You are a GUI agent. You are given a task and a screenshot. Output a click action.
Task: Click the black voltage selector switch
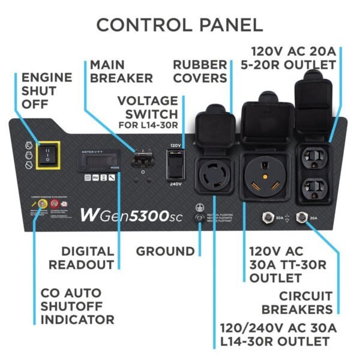pos(176,163)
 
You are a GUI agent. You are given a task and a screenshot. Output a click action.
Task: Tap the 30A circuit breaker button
pos(264,218)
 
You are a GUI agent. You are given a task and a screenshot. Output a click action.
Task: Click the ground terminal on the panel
pos(199,217)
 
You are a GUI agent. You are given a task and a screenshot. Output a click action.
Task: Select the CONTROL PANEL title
pos(179,25)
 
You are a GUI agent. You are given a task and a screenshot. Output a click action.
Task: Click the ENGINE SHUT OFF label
pos(47,91)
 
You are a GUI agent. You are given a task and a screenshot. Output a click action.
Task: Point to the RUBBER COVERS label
pos(200,71)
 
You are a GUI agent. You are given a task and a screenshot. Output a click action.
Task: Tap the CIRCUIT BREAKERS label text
pos(306,302)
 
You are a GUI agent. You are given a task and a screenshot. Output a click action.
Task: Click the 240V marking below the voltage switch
pos(176,184)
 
